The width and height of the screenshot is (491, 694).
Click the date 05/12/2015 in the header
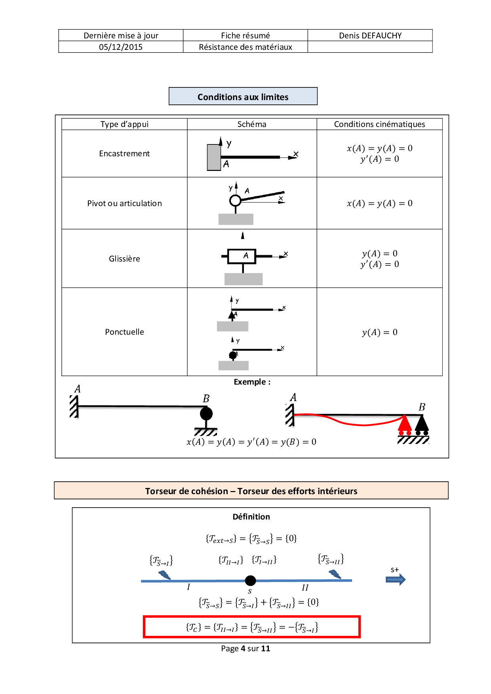[x=120, y=47]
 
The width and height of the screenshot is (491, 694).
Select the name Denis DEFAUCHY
[x=370, y=36]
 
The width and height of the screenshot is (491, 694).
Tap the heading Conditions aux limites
[x=243, y=97]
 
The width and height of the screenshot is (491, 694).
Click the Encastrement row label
[x=124, y=154]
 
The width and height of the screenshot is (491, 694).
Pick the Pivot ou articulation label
[x=124, y=203]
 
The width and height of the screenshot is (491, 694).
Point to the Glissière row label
[x=124, y=259]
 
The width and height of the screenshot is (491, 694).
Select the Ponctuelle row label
[x=124, y=332]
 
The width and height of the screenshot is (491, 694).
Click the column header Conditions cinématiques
[x=379, y=124]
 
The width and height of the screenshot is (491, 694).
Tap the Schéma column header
[x=252, y=124]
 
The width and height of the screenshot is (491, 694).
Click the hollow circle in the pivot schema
[x=235, y=201]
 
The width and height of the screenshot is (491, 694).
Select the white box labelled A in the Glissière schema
[x=242, y=256]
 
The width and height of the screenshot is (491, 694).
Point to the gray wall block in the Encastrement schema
[x=214, y=157]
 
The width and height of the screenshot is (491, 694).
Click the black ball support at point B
[x=206, y=414]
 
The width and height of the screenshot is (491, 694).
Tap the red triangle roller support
[x=405, y=424]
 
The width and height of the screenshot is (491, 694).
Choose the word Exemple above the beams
[x=250, y=382]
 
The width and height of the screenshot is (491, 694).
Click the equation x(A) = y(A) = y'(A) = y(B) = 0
[x=251, y=442]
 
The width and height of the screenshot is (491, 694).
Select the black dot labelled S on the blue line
[x=250, y=580]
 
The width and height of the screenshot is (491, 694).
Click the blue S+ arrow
[x=396, y=580]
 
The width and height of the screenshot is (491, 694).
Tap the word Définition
[x=251, y=517]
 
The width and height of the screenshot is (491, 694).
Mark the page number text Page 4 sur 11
[x=246, y=648]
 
